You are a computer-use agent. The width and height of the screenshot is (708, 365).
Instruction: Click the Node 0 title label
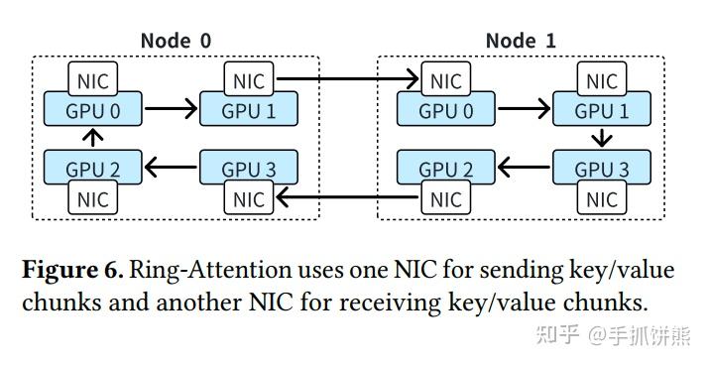tap(176, 41)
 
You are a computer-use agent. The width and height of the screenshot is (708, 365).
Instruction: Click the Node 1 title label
tap(521, 41)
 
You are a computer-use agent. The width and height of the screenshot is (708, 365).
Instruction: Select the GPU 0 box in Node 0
tap(93, 110)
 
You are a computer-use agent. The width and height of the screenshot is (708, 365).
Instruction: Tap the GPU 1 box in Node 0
tap(249, 110)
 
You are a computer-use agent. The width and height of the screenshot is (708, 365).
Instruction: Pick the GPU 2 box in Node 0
tap(93, 169)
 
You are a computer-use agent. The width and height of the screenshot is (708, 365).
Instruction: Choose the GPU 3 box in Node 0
tap(249, 169)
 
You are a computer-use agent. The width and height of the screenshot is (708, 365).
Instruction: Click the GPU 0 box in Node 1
tap(445, 110)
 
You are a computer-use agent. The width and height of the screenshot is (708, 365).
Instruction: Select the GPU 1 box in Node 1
tap(601, 110)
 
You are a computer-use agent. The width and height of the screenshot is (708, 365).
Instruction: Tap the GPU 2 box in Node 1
tap(445, 169)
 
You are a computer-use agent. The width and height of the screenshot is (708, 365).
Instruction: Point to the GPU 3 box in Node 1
tap(601, 169)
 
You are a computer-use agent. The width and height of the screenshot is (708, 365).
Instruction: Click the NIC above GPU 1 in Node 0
tap(249, 80)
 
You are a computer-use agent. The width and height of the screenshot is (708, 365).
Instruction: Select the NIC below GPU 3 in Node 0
tap(249, 199)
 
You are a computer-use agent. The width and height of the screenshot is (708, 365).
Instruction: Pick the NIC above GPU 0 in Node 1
tap(445, 80)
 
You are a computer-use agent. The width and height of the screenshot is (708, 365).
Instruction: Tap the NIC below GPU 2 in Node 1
tap(445, 199)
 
